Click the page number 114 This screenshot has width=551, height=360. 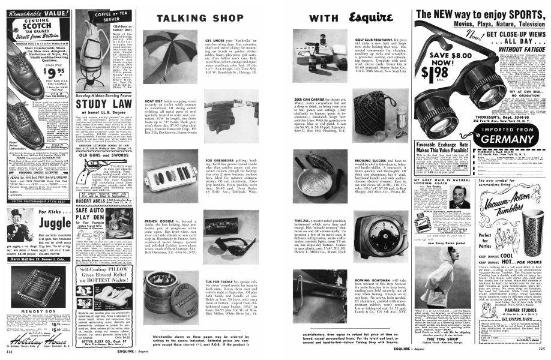pos(8,352)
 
